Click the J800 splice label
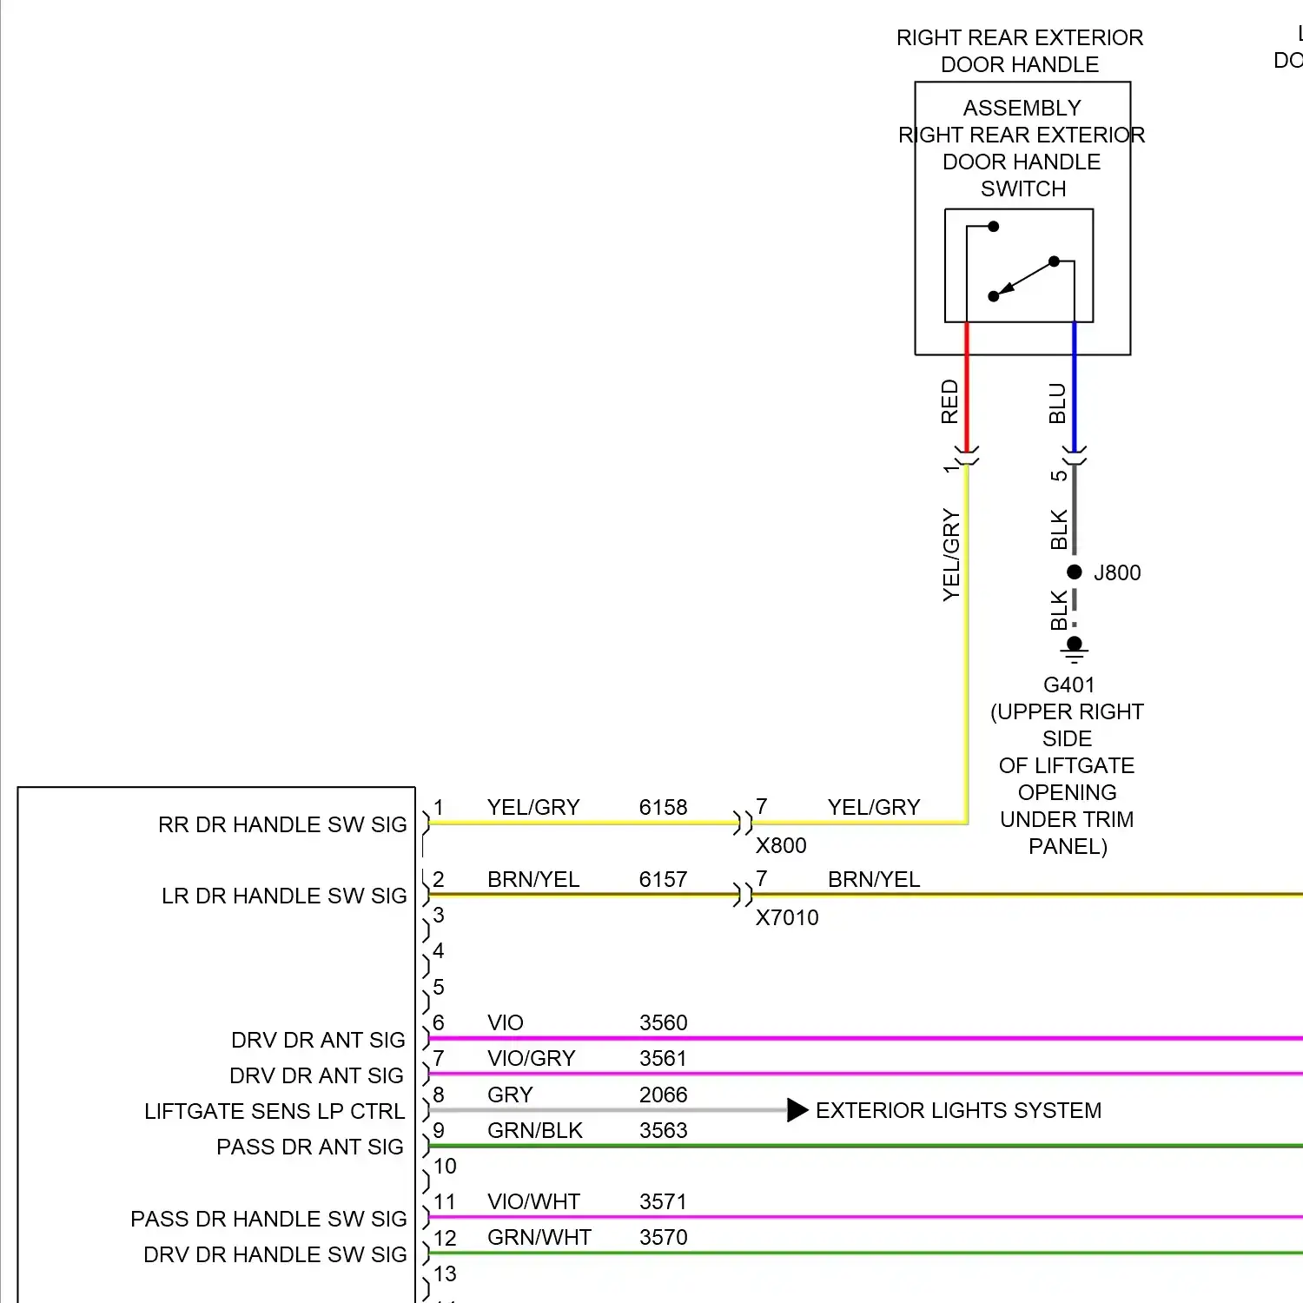1117,573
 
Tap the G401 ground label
1068,685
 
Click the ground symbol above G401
1075,648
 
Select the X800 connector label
781,846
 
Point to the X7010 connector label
787,918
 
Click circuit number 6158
663,808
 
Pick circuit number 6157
663,880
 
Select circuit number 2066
663,1095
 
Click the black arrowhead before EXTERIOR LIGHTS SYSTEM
797,1110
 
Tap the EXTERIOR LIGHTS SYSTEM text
958,1111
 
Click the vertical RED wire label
949,401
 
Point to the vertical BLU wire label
1057,403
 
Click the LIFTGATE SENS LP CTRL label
274,1112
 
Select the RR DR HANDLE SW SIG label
282,825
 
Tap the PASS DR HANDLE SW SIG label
268,1220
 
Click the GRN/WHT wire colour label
539,1238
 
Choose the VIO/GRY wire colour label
531,1059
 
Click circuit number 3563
663,1131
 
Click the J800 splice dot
1075,572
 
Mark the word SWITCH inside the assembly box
1022,189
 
